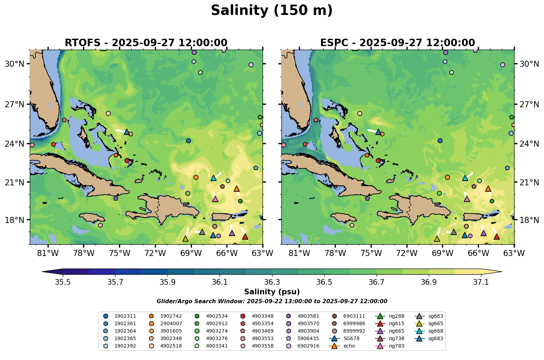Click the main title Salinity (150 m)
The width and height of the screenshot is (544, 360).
[x=271, y=11]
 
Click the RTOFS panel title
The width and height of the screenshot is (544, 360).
[x=146, y=43]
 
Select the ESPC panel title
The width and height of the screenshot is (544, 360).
[x=397, y=43]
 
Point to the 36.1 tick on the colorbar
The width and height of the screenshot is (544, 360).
[x=220, y=282]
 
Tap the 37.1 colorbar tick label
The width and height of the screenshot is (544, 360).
[x=481, y=282]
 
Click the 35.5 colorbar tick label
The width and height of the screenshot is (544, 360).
[x=63, y=282]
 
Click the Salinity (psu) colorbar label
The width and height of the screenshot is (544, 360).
[x=272, y=292]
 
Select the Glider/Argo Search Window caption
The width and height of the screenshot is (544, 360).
[x=272, y=301]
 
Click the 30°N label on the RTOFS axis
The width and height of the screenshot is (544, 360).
[x=14, y=64]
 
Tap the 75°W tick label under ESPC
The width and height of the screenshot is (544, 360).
[x=371, y=253]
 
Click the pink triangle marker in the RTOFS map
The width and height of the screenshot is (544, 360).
[x=215, y=199]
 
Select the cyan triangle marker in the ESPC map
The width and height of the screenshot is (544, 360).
[x=465, y=178]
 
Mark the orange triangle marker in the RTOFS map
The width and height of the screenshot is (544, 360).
[x=237, y=189]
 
